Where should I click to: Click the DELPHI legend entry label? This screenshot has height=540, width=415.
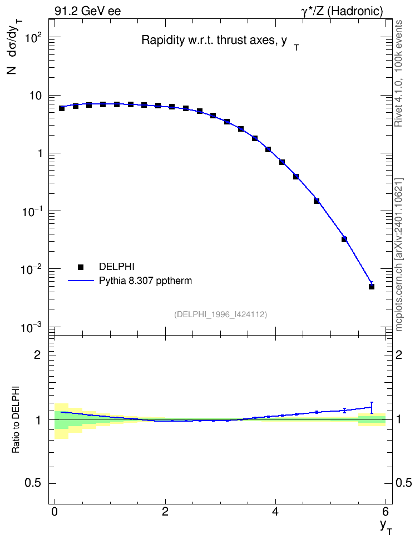[117, 267]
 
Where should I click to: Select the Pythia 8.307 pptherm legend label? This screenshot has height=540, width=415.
[145, 281]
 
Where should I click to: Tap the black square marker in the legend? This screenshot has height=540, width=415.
[81, 267]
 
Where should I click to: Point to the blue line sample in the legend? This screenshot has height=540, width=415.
[81, 281]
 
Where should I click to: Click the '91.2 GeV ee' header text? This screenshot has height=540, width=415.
[88, 11]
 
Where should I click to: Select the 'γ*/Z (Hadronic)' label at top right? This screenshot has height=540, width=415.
[342, 11]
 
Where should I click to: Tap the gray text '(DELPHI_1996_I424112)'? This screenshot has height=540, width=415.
[221, 314]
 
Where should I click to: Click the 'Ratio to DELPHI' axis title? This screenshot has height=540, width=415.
[16, 419]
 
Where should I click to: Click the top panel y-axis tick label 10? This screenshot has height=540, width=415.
[35, 96]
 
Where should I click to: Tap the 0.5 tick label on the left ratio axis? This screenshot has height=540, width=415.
[33, 483]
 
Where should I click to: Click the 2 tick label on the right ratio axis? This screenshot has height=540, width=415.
[399, 354]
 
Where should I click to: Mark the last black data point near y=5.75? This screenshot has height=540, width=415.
[372, 286]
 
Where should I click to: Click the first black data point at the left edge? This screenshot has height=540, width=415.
[62, 108]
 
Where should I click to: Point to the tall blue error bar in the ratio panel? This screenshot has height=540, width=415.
[372, 407]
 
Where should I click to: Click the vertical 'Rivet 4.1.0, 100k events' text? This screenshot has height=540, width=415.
[398, 73]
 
